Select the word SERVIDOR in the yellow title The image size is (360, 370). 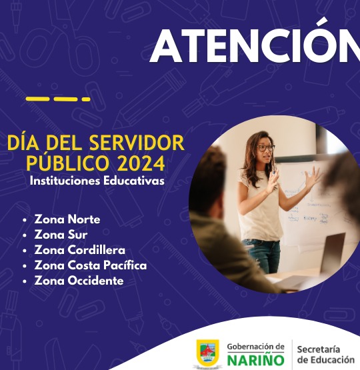tap(137, 143)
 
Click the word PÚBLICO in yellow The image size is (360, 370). tap(68, 163)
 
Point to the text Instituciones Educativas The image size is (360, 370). tap(97, 181)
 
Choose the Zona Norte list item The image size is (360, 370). tap(67, 219)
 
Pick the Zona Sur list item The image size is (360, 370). tap(61, 235)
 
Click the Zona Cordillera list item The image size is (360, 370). tap(80, 250)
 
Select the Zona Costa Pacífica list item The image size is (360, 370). tap(91, 265)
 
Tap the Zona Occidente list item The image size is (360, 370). tap(79, 281)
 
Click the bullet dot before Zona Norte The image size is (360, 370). tap(25, 220)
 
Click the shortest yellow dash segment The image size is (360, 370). tap(86, 99)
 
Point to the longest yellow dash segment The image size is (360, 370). tap(37, 99)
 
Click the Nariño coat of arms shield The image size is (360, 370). tap(207, 352)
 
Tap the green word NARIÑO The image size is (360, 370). tap(256, 360)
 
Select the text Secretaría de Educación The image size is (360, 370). tap(326, 355)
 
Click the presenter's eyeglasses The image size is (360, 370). tap(266, 148)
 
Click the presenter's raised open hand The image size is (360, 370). tap(313, 177)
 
